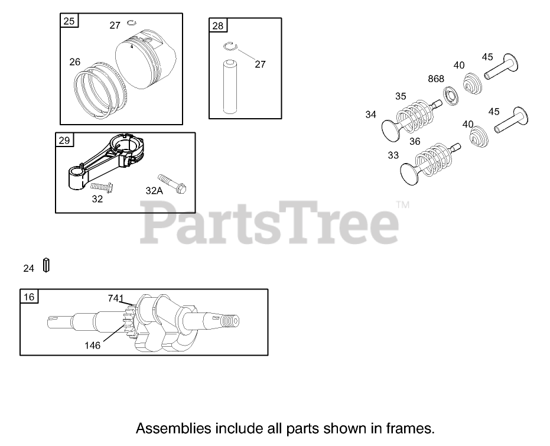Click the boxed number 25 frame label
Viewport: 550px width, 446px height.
click(x=69, y=21)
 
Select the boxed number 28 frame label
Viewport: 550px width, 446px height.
click(x=218, y=25)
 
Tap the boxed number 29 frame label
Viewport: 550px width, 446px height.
click(x=64, y=140)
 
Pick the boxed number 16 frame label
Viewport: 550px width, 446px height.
click(x=29, y=297)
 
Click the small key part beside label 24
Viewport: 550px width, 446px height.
click(x=47, y=265)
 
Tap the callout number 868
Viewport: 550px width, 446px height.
click(x=436, y=79)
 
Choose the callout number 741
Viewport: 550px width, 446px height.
click(x=115, y=298)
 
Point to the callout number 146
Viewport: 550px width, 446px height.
click(x=93, y=345)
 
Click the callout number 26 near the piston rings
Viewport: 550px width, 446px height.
click(x=74, y=61)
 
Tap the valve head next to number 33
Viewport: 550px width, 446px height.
click(x=409, y=172)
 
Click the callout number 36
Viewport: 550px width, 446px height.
click(x=415, y=142)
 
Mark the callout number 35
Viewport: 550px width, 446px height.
click(x=401, y=96)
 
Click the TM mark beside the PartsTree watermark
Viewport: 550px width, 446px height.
click(x=402, y=206)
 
